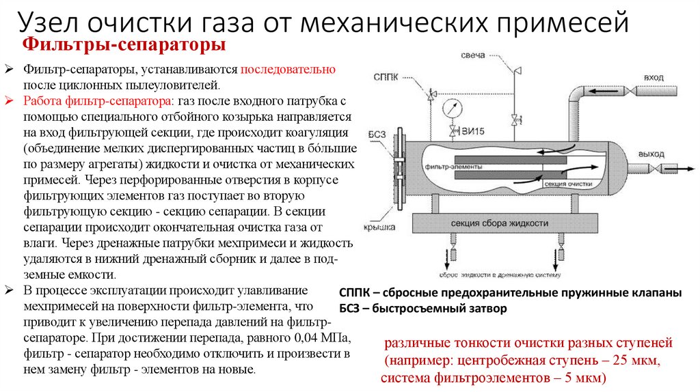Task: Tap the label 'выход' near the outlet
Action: (x=651, y=154)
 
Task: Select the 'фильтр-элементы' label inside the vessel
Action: (x=453, y=167)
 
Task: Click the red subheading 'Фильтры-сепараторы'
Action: (x=124, y=46)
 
